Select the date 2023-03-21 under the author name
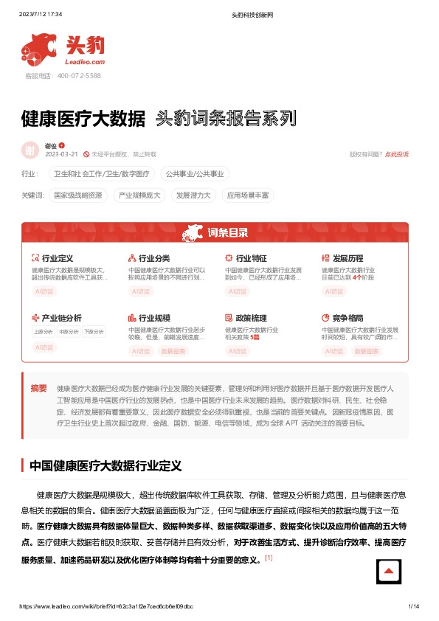click(62, 154)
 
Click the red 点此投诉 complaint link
click(397, 154)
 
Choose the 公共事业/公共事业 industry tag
click(196, 174)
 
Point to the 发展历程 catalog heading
click(348, 258)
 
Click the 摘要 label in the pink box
click(38, 388)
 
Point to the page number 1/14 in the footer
click(413, 606)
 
